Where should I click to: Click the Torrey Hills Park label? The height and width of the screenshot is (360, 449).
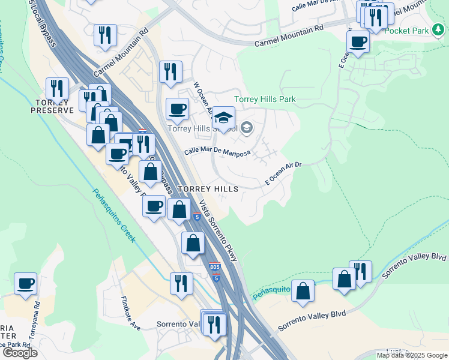click(265, 99)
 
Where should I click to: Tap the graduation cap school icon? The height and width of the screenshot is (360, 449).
click(224, 118)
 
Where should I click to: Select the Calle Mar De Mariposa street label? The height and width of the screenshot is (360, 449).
click(217, 152)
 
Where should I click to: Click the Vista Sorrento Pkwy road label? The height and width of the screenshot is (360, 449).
click(218, 230)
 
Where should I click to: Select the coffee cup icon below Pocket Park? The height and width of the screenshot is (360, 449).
click(358, 41)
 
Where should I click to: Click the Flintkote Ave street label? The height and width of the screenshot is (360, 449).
click(130, 314)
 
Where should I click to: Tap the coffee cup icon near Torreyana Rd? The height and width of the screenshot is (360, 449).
click(26, 283)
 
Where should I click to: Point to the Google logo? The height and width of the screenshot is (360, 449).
click(20, 353)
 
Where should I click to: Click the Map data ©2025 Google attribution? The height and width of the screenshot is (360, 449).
click(412, 355)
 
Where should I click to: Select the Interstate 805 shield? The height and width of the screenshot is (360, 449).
click(216, 266)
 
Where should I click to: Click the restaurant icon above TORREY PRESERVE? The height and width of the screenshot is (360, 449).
click(57, 88)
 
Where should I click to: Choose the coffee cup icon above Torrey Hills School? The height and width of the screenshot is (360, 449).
click(177, 109)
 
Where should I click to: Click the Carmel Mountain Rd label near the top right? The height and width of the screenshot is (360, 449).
click(289, 35)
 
